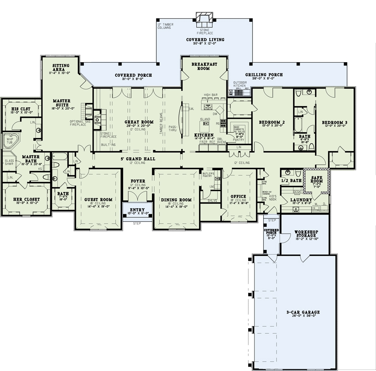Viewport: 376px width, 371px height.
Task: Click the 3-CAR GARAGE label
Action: click(304, 312)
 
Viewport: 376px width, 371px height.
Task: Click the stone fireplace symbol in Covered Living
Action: click(205, 19)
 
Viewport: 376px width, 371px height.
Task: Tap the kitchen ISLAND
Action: click(205, 127)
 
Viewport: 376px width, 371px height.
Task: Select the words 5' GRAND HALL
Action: click(138, 159)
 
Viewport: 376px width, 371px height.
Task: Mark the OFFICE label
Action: click(238, 196)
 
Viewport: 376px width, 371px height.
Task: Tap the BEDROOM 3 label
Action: click(334, 122)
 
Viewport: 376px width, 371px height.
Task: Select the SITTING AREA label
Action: click(61, 68)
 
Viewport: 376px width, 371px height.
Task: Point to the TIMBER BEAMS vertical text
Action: click(161, 124)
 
